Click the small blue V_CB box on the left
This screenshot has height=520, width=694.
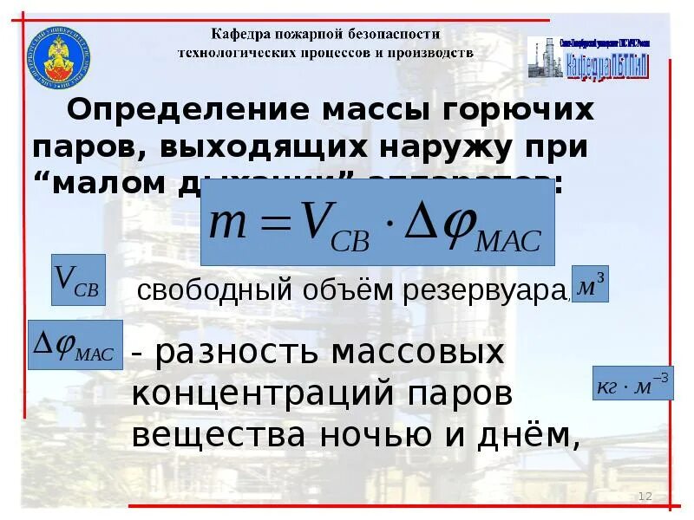(78, 280)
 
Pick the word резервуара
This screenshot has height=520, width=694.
(484, 290)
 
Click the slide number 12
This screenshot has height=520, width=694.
(645, 496)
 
